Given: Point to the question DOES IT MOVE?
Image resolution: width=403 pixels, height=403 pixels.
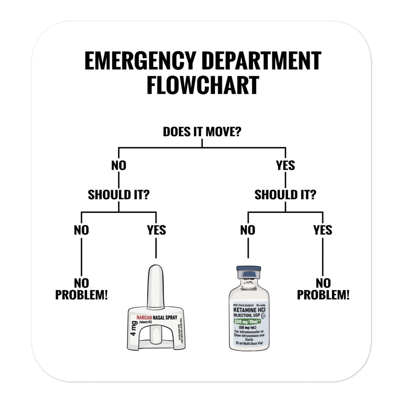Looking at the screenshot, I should click(202, 132).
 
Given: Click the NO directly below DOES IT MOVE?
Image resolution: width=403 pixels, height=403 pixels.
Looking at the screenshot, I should click(118, 165).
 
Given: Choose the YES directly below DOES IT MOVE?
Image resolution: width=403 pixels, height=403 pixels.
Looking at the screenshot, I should click(285, 165).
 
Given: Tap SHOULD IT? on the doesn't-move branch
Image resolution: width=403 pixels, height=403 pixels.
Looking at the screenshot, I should click(119, 195).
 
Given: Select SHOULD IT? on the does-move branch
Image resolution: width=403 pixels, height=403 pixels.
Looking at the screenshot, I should click(285, 195).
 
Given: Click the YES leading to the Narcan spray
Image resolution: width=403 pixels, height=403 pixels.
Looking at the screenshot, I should click(156, 230).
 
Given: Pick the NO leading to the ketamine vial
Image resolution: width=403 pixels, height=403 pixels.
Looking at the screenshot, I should click(247, 230).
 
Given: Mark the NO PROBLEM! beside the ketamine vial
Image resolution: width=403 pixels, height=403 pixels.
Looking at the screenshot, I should click(323, 289).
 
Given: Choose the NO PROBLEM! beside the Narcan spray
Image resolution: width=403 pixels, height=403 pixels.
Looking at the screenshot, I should click(81, 289).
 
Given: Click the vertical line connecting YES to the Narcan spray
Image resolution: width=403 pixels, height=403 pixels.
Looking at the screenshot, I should click(156, 248).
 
